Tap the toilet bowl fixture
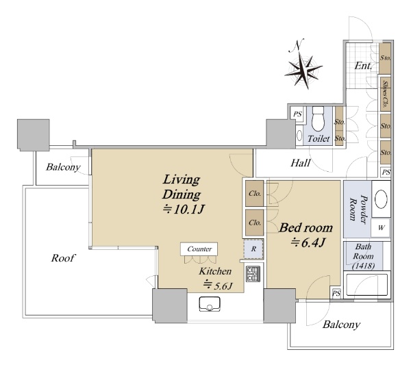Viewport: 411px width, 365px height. [319, 118]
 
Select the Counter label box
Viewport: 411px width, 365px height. [199, 249]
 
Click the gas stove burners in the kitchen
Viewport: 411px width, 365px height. [253, 274]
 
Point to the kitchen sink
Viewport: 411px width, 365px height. [210, 304]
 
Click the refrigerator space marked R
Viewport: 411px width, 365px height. [253, 249]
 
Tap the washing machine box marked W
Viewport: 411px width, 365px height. [381, 228]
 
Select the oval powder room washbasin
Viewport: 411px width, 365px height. [381, 199]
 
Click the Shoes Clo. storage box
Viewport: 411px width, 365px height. [385, 94]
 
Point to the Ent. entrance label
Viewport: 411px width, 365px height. [363, 66]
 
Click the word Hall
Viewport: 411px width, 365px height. [301, 163]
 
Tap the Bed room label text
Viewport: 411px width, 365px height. [306, 228]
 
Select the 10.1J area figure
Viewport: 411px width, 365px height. [183, 210]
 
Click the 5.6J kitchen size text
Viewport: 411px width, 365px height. [218, 286]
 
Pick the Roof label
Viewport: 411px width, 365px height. [63, 258]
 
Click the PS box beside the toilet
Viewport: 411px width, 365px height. [297, 114]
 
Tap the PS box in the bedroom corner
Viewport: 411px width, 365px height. [336, 293]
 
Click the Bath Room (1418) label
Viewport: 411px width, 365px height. [363, 256]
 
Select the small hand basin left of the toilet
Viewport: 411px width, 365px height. [299, 136]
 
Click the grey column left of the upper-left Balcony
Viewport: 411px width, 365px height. [34, 135]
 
